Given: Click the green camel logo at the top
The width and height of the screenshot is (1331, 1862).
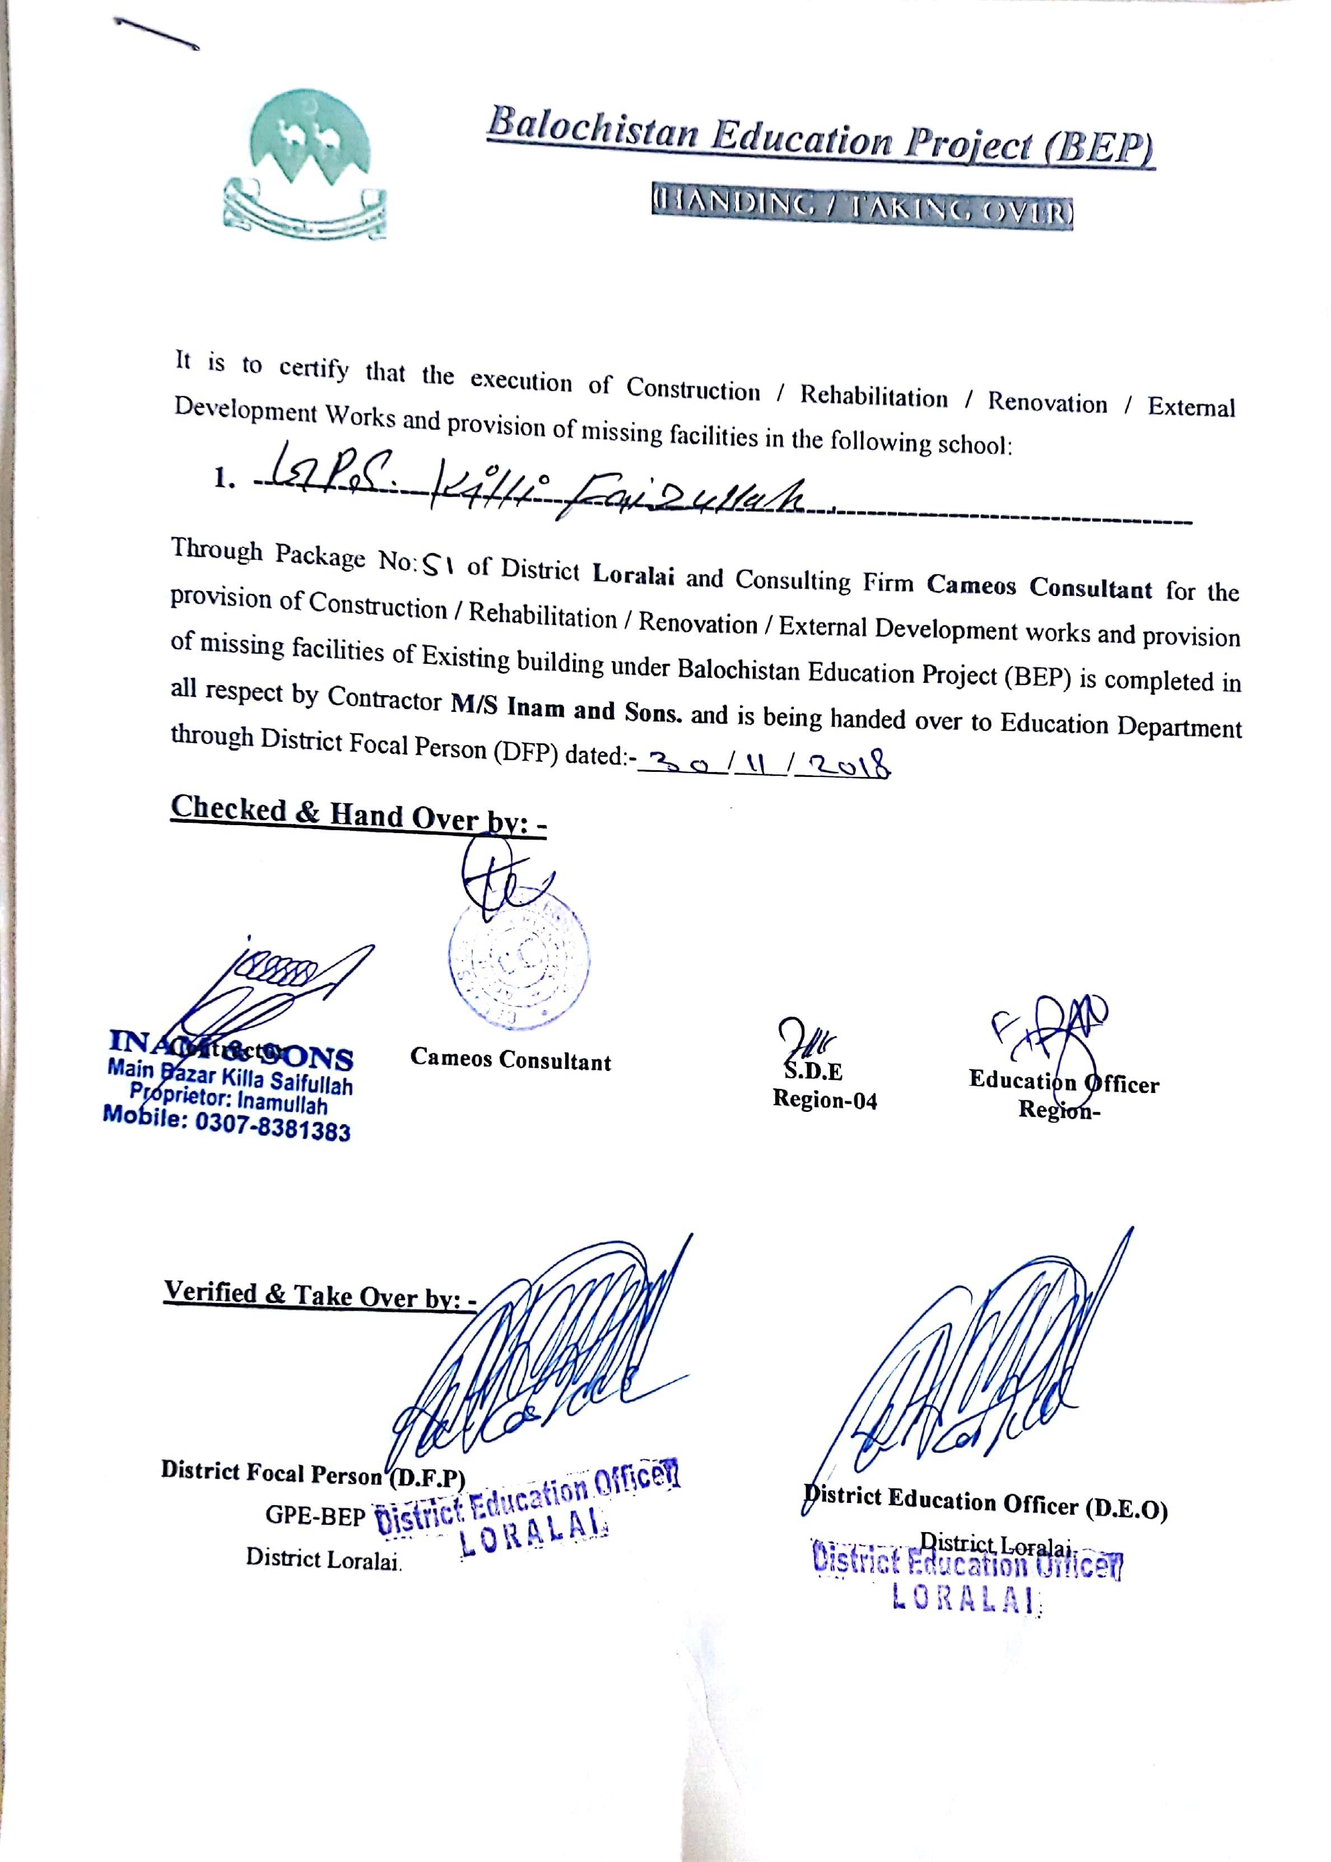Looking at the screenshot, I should click(x=305, y=164).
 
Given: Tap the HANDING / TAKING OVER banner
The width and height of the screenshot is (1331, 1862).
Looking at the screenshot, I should click(x=862, y=211).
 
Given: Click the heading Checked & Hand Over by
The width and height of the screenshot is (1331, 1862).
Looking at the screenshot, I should click(x=358, y=814).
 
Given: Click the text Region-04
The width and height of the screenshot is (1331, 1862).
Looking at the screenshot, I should click(x=825, y=1100).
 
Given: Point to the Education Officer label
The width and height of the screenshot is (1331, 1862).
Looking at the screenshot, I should click(x=1064, y=1082).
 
